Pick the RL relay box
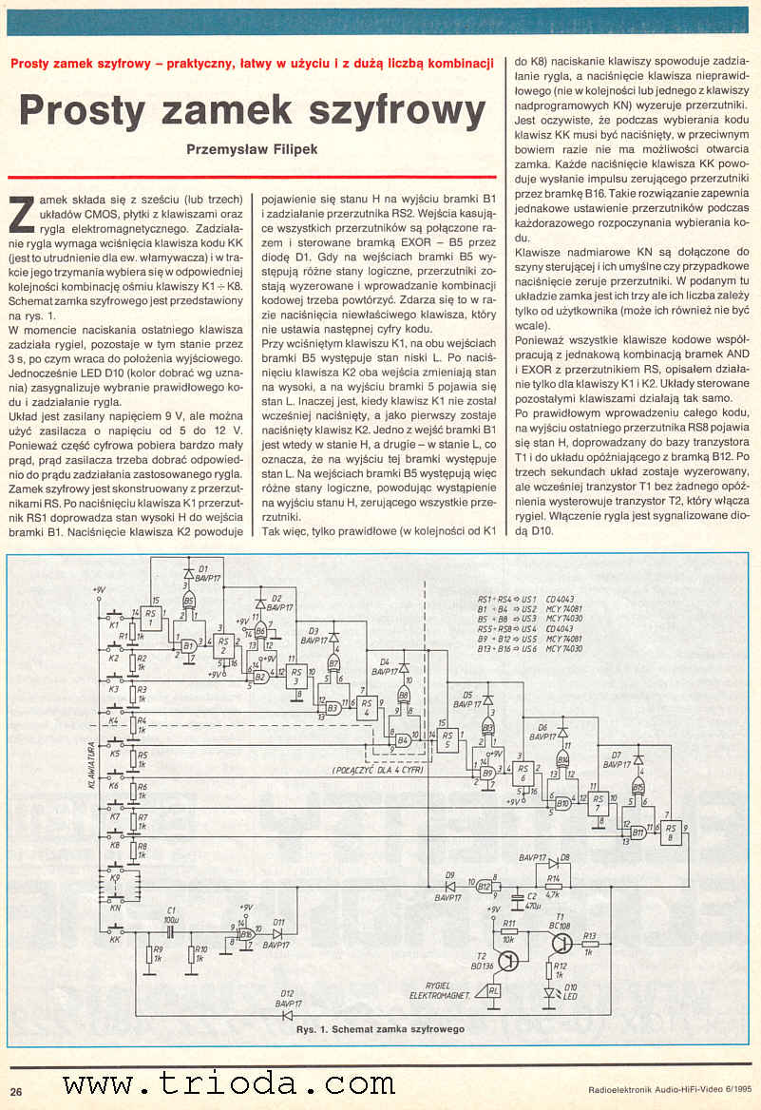tap(492, 991)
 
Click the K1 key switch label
tap(113, 626)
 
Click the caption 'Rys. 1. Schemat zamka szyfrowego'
tap(380, 1029)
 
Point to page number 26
tap(17, 1090)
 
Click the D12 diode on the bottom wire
tap(286, 1014)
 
